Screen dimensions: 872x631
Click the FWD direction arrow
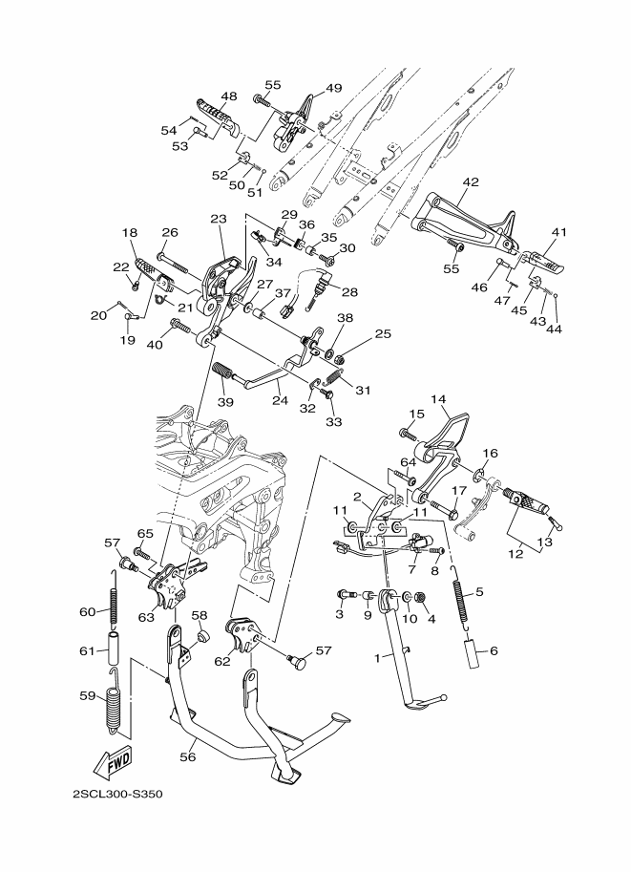[112, 763]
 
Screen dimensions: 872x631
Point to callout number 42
[471, 181]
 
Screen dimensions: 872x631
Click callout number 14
[438, 399]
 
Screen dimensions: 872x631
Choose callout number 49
[333, 88]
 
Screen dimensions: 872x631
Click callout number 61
[86, 650]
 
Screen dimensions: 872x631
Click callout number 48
[229, 96]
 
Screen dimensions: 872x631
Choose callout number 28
[349, 291]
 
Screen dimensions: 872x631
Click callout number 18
[130, 232]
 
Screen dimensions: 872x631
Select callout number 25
[383, 333]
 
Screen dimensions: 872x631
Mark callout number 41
[558, 232]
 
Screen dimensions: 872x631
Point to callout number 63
[145, 616]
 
